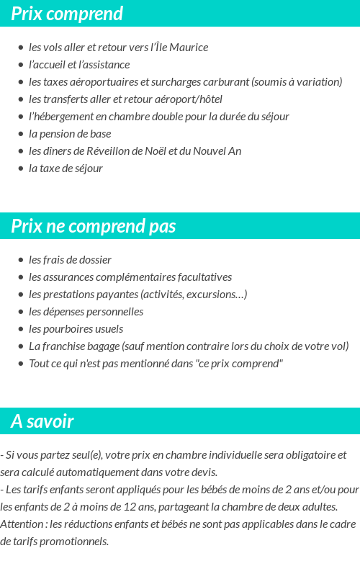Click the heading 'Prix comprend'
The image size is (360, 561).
pyautogui.click(x=67, y=14)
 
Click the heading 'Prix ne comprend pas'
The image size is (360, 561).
pyautogui.click(x=94, y=226)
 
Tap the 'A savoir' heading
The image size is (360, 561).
pyautogui.click(x=42, y=421)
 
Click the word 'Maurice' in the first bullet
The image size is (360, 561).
pyautogui.click(x=189, y=48)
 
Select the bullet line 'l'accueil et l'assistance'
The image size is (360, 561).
pyautogui.click(x=79, y=65)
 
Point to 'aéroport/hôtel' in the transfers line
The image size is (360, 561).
pyautogui.click(x=189, y=99)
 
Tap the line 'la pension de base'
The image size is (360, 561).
pyautogui.click(x=70, y=134)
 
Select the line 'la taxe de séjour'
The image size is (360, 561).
pyautogui.click(x=66, y=169)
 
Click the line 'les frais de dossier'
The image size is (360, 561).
pyautogui.click(x=70, y=260)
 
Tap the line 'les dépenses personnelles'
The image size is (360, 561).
pyautogui.click(x=86, y=312)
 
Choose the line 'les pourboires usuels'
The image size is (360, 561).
pyautogui.click(x=76, y=329)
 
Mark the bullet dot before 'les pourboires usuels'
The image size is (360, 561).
pyautogui.click(x=20, y=329)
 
